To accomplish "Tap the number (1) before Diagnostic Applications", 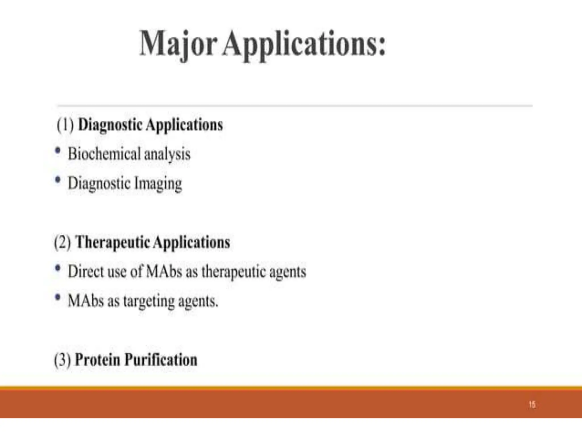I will [x=65, y=125].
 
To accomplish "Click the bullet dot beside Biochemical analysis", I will [x=58, y=150].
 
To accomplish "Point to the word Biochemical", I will [x=104, y=154].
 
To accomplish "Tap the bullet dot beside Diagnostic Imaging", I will [x=58, y=180].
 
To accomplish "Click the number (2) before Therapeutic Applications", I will [x=63, y=243].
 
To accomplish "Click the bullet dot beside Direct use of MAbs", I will [x=58, y=268].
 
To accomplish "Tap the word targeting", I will [x=149, y=301].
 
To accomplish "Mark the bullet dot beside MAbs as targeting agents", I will [x=58, y=297].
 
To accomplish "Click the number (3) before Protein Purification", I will [x=63, y=360].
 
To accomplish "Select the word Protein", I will [x=97, y=360].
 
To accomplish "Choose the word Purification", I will [x=161, y=360].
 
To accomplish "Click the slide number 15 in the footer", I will [x=532, y=404].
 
